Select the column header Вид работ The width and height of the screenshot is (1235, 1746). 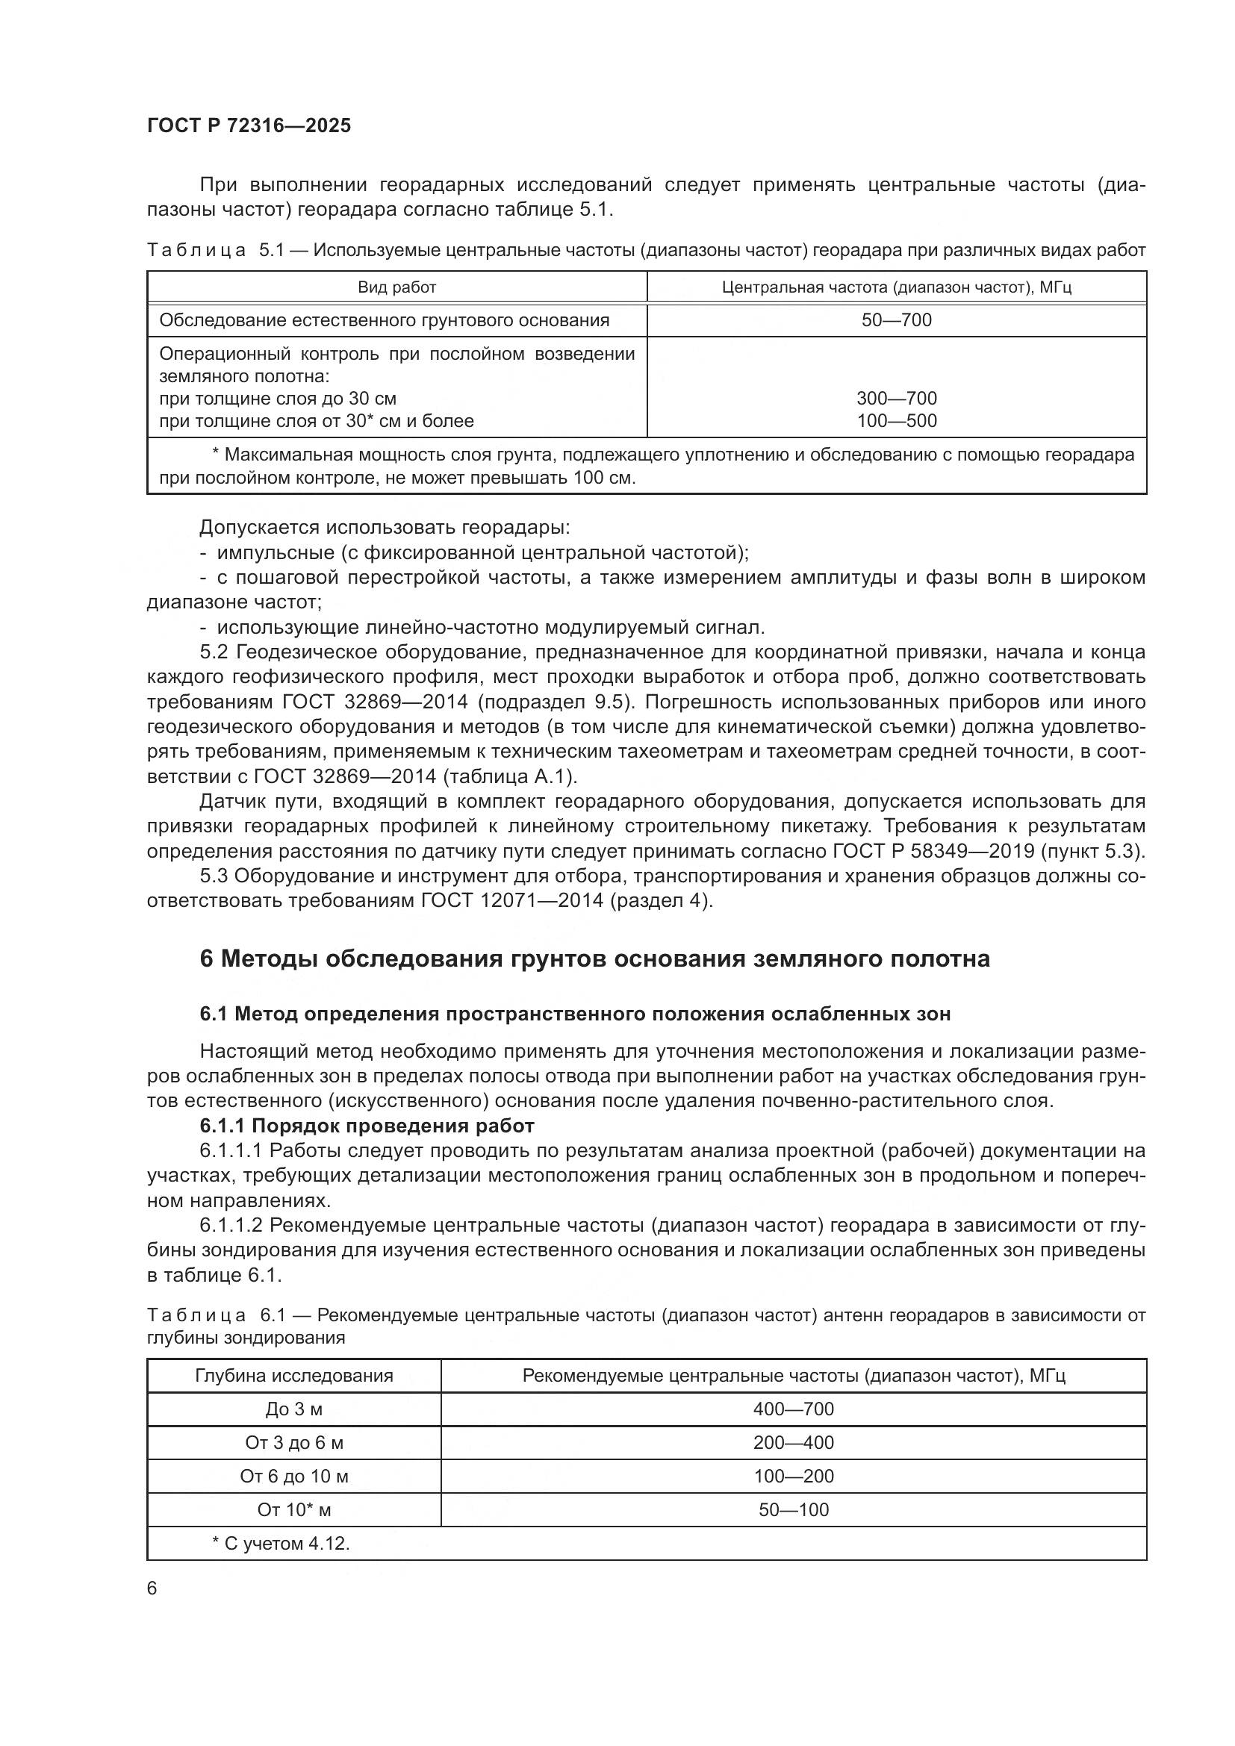coord(396,287)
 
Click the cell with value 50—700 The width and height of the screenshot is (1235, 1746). coord(896,320)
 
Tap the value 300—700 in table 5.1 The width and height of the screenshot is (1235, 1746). coord(896,399)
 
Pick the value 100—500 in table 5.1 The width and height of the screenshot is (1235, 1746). coord(896,420)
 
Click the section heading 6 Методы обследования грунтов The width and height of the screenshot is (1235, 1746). coord(594,960)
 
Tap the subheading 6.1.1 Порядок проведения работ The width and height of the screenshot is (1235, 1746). coord(367,1126)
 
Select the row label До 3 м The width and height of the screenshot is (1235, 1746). coord(293,1409)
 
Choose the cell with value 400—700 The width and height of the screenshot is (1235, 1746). coord(793,1409)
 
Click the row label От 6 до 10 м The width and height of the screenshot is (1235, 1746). coord(293,1476)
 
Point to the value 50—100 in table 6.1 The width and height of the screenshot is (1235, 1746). coord(793,1509)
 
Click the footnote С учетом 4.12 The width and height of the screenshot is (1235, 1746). coord(281,1543)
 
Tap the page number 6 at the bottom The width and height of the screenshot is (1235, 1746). coord(152,1588)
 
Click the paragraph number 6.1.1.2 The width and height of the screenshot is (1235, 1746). coord(231,1226)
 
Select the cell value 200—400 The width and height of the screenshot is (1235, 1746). coord(793,1443)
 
